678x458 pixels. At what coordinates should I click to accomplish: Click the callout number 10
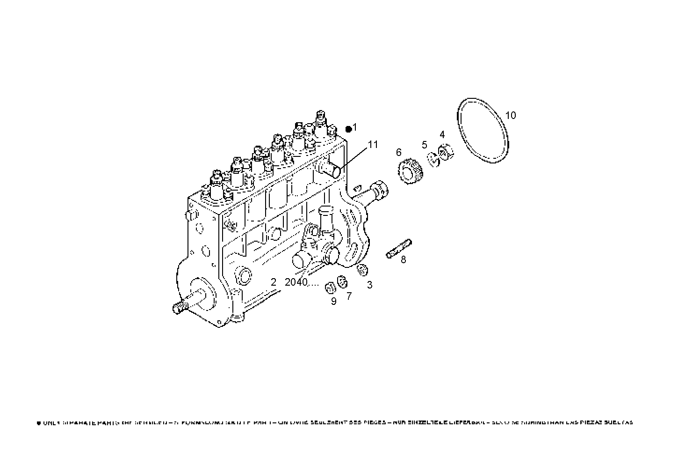tap(511, 115)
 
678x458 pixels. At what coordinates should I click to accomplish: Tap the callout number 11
tap(373, 145)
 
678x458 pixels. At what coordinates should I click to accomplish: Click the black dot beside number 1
tap(348, 129)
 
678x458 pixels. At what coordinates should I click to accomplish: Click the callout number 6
tap(398, 152)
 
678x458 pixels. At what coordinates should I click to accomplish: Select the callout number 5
tap(425, 144)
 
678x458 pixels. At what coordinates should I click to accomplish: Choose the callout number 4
tap(442, 135)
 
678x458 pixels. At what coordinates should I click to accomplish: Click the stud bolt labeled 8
tap(399, 248)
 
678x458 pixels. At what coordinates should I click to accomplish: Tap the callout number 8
tap(403, 259)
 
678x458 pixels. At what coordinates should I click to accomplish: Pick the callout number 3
tap(369, 285)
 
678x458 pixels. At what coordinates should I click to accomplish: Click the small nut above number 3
tap(362, 270)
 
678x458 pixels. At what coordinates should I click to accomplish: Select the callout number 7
tap(349, 296)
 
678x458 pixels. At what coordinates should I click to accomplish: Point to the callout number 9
tap(333, 301)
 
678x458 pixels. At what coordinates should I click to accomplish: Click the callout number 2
tap(274, 282)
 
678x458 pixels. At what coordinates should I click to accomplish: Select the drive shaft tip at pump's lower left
tap(179, 308)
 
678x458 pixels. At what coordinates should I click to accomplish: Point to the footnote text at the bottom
tap(335, 422)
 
